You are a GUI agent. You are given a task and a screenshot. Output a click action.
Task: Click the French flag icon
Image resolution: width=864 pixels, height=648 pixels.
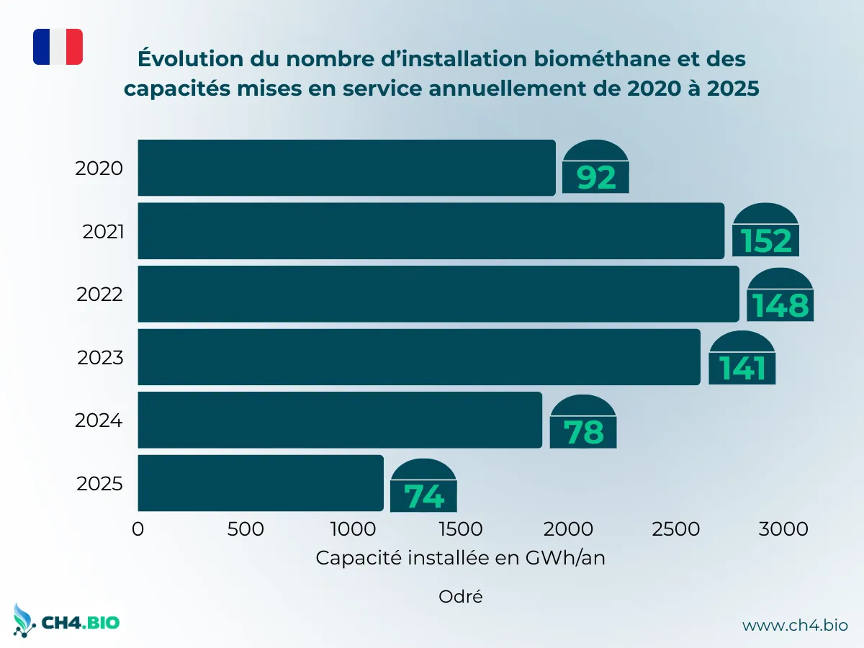click(x=58, y=47)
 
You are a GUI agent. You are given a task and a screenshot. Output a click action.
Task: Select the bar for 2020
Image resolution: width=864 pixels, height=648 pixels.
click(x=346, y=168)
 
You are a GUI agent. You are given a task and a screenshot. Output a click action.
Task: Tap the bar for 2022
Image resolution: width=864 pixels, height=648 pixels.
click(x=438, y=294)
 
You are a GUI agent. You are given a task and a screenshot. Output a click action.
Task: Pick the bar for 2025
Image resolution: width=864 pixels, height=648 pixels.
click(x=260, y=482)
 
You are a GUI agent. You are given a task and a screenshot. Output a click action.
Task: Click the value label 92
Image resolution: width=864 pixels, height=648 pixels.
click(x=596, y=177)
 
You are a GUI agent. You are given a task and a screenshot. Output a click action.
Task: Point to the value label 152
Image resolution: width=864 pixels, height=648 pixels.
click(x=766, y=240)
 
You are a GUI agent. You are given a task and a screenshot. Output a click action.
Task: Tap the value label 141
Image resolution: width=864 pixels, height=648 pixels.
click(x=742, y=368)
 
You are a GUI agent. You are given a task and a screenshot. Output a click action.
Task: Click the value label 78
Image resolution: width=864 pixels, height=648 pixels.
click(x=583, y=432)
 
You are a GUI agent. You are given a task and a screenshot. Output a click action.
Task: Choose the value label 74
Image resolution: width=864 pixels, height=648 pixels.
click(x=423, y=496)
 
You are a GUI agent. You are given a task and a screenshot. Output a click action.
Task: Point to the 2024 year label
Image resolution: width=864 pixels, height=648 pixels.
click(x=99, y=420)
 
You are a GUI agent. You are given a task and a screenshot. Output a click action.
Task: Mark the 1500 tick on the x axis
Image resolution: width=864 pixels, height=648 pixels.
click(x=459, y=529)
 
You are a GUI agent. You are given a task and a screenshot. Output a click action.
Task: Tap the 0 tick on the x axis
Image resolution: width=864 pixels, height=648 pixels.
click(x=138, y=529)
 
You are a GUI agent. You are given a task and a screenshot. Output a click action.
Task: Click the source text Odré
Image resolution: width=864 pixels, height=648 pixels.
click(x=460, y=596)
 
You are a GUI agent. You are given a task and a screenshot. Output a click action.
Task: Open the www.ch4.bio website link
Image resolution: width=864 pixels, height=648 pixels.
click(x=795, y=625)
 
